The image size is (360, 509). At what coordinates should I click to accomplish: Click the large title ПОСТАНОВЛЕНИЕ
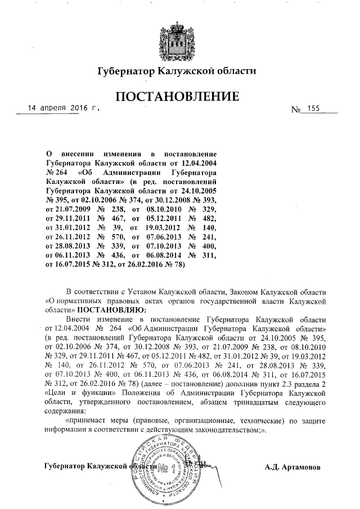click(x=177, y=97)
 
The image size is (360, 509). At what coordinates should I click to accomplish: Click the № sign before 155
click(x=296, y=109)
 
